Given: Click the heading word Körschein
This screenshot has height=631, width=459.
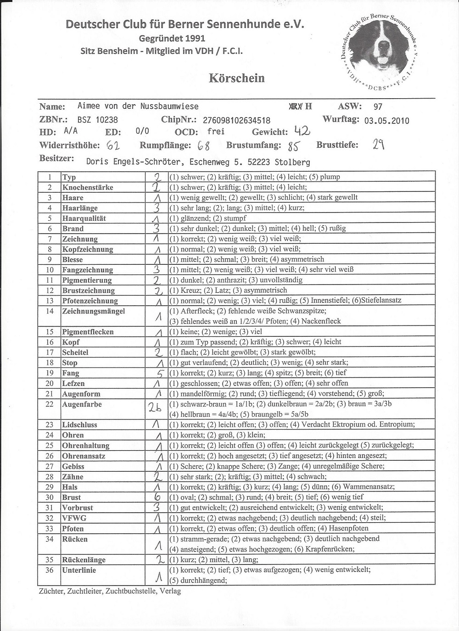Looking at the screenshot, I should [236, 78].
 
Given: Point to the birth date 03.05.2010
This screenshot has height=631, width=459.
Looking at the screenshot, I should [386, 121].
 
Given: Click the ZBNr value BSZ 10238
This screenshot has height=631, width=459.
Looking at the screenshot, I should [97, 120].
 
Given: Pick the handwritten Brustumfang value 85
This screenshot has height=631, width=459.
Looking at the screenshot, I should [294, 146].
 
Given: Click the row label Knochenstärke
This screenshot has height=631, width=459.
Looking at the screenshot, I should [87, 187].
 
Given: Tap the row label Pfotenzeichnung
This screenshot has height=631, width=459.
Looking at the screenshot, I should [90, 301].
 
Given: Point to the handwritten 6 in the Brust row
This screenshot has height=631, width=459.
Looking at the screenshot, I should [157, 497].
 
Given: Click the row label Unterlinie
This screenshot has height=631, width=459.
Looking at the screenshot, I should [79, 570].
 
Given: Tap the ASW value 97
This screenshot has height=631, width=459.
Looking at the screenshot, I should [378, 106].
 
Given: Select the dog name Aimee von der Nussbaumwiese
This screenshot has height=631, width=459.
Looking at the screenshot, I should [138, 106].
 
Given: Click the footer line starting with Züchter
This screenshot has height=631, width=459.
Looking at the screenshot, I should [110, 591].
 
